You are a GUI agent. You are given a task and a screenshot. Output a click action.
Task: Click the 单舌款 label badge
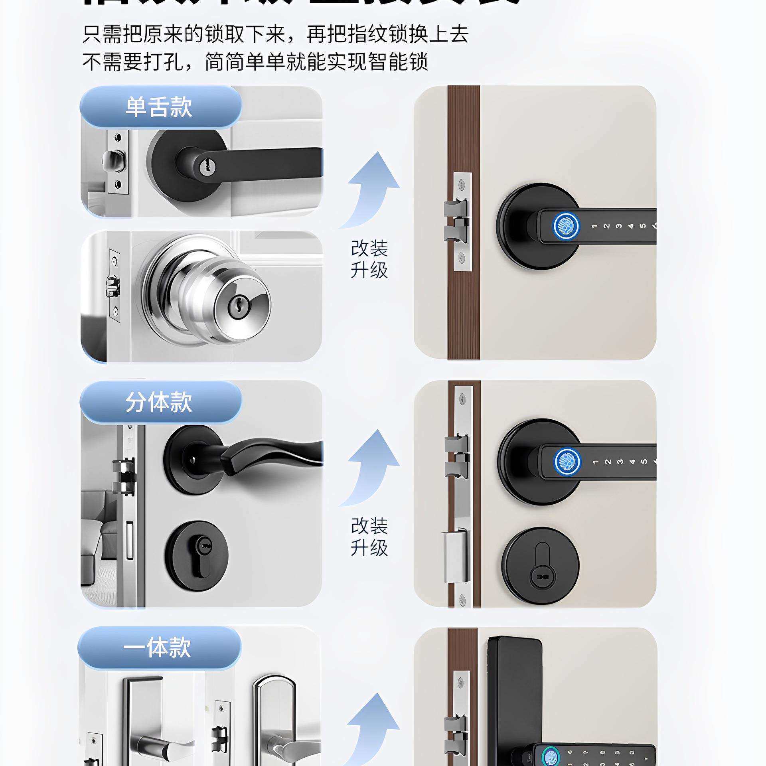[160, 107]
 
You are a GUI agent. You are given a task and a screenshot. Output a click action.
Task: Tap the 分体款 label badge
[160, 402]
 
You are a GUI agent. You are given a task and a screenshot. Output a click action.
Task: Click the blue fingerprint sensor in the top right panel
[564, 226]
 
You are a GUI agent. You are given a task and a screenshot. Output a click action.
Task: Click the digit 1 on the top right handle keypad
[594, 226]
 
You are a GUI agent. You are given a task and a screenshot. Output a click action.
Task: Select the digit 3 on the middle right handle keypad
[620, 462]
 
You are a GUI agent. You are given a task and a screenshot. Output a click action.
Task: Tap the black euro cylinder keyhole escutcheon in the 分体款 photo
[196, 555]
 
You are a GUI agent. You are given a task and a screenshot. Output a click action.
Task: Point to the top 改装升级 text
[369, 259]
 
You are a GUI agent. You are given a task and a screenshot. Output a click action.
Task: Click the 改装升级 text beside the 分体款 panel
[369, 537]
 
